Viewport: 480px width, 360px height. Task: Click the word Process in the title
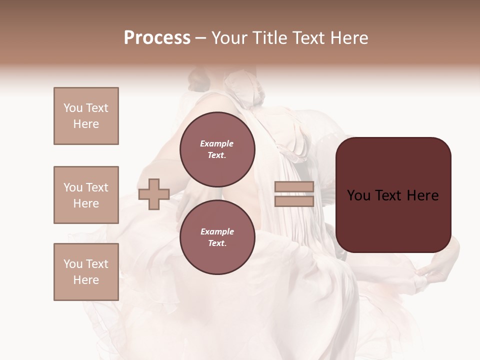(157, 38)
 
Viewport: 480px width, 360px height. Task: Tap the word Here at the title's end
(348, 38)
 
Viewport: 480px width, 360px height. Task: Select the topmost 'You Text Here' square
(86, 116)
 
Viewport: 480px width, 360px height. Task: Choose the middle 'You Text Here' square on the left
(86, 195)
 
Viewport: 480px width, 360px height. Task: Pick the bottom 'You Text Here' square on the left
(86, 272)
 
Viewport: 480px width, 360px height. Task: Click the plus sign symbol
(154, 193)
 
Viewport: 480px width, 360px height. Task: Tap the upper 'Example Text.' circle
(217, 149)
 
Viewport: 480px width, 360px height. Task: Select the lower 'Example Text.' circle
(217, 237)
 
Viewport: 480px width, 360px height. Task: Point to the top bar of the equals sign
(294, 186)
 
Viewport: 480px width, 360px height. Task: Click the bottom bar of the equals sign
(294, 201)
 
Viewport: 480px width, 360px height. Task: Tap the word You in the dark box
(358, 195)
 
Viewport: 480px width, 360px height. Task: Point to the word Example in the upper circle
(216, 143)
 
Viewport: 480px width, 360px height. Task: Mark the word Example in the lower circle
(217, 231)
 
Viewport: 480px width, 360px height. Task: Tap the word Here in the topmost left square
(86, 124)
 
